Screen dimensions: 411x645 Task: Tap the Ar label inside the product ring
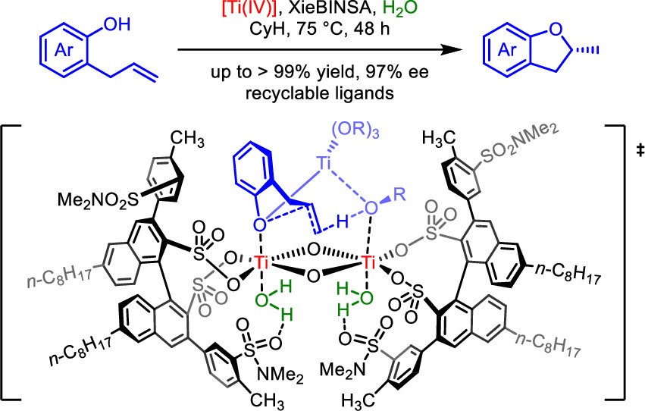502,54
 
